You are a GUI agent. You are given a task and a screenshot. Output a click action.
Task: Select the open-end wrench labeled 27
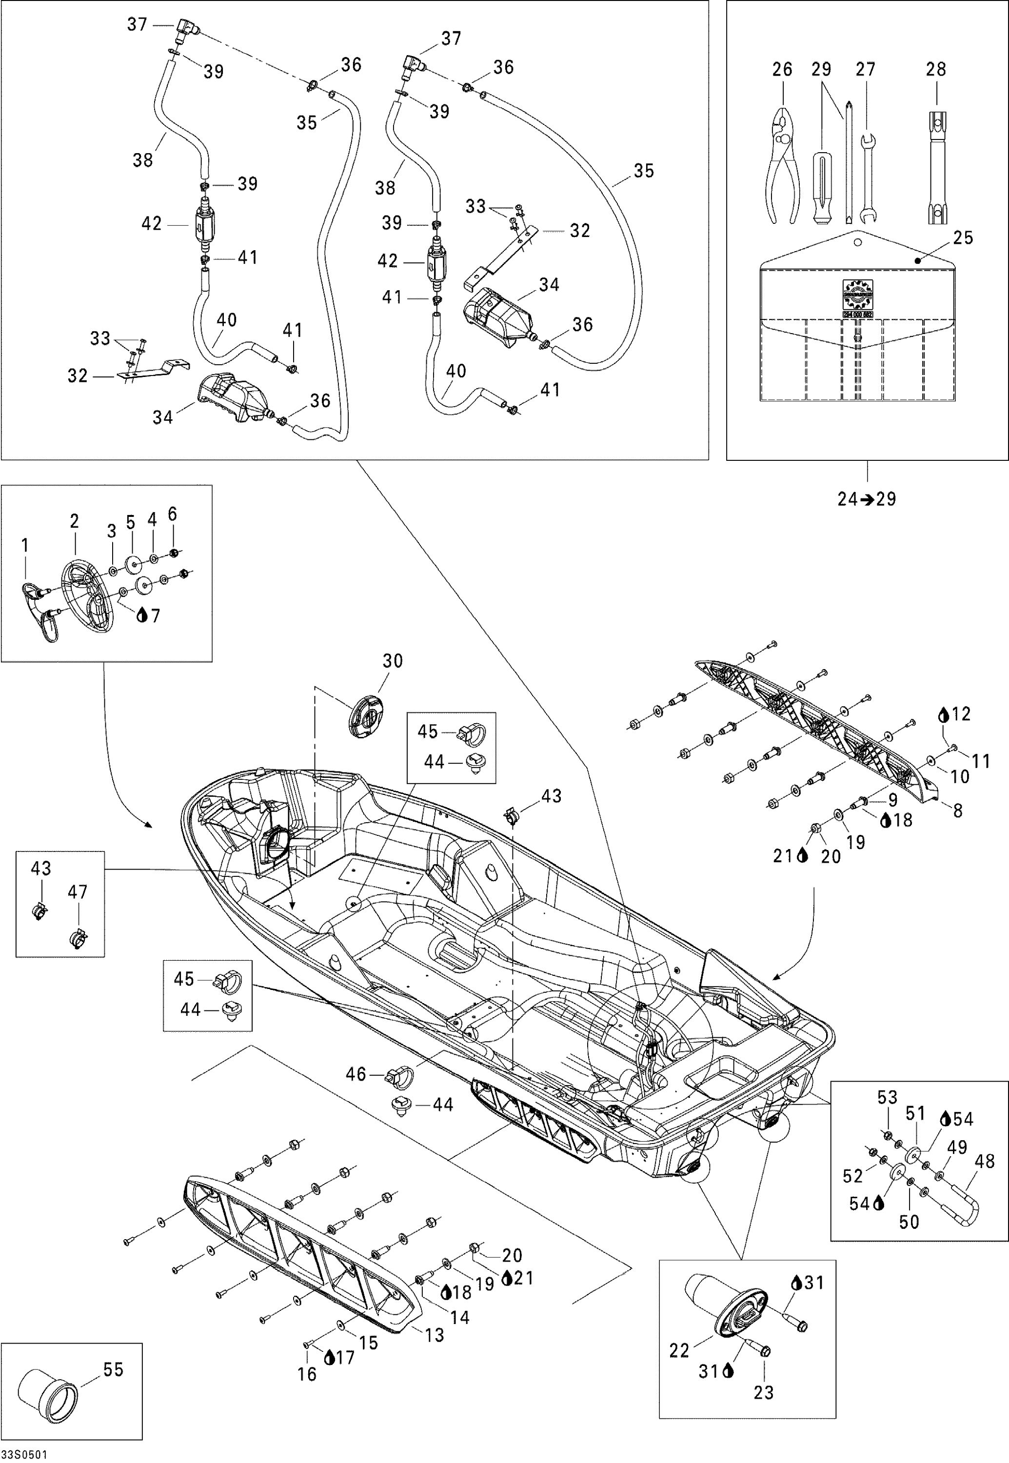click(x=867, y=177)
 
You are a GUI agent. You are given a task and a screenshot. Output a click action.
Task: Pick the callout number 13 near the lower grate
click(x=435, y=1335)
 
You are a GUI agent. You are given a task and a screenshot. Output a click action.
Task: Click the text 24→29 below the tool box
click(x=867, y=499)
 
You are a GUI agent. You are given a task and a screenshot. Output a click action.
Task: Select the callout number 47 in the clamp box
click(x=78, y=892)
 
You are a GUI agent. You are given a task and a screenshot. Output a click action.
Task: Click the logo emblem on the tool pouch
click(x=857, y=294)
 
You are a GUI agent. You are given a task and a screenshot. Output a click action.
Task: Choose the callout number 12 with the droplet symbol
click(x=960, y=714)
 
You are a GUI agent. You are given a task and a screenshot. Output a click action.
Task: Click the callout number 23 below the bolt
click(x=764, y=1392)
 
